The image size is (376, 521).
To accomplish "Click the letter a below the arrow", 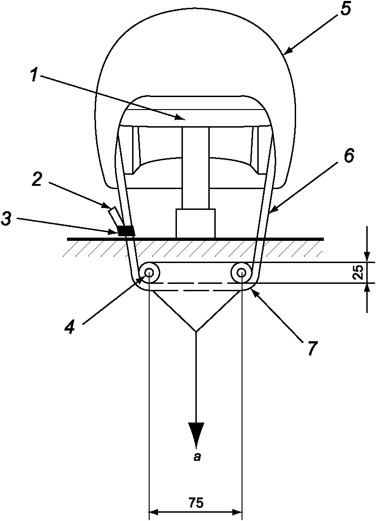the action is click(196, 458).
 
